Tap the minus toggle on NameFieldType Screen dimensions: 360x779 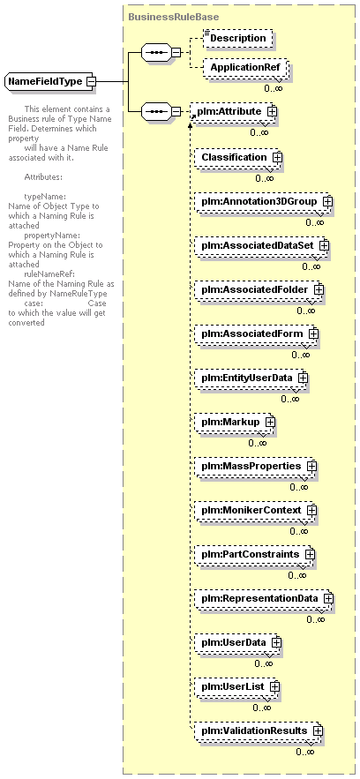[x=90, y=81]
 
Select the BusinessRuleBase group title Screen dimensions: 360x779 [x=173, y=17]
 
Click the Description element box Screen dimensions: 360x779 [x=238, y=38]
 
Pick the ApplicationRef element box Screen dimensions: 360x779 [x=244, y=67]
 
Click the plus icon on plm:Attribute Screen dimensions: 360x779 [x=272, y=112]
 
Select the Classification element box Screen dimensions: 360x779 [x=238, y=158]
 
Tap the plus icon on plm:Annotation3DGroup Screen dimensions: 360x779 [x=326, y=202]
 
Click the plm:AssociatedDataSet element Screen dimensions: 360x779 [x=260, y=245]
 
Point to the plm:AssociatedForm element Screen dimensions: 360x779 [x=255, y=333]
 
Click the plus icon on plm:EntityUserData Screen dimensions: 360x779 [x=303, y=378]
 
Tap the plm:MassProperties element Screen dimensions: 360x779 [x=255, y=466]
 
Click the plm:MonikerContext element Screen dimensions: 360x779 [x=255, y=510]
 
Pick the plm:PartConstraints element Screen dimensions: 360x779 [x=253, y=554]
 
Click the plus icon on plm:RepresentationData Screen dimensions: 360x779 [x=327, y=599]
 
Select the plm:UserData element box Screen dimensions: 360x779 [x=236, y=642]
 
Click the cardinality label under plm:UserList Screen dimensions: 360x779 [x=262, y=708]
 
